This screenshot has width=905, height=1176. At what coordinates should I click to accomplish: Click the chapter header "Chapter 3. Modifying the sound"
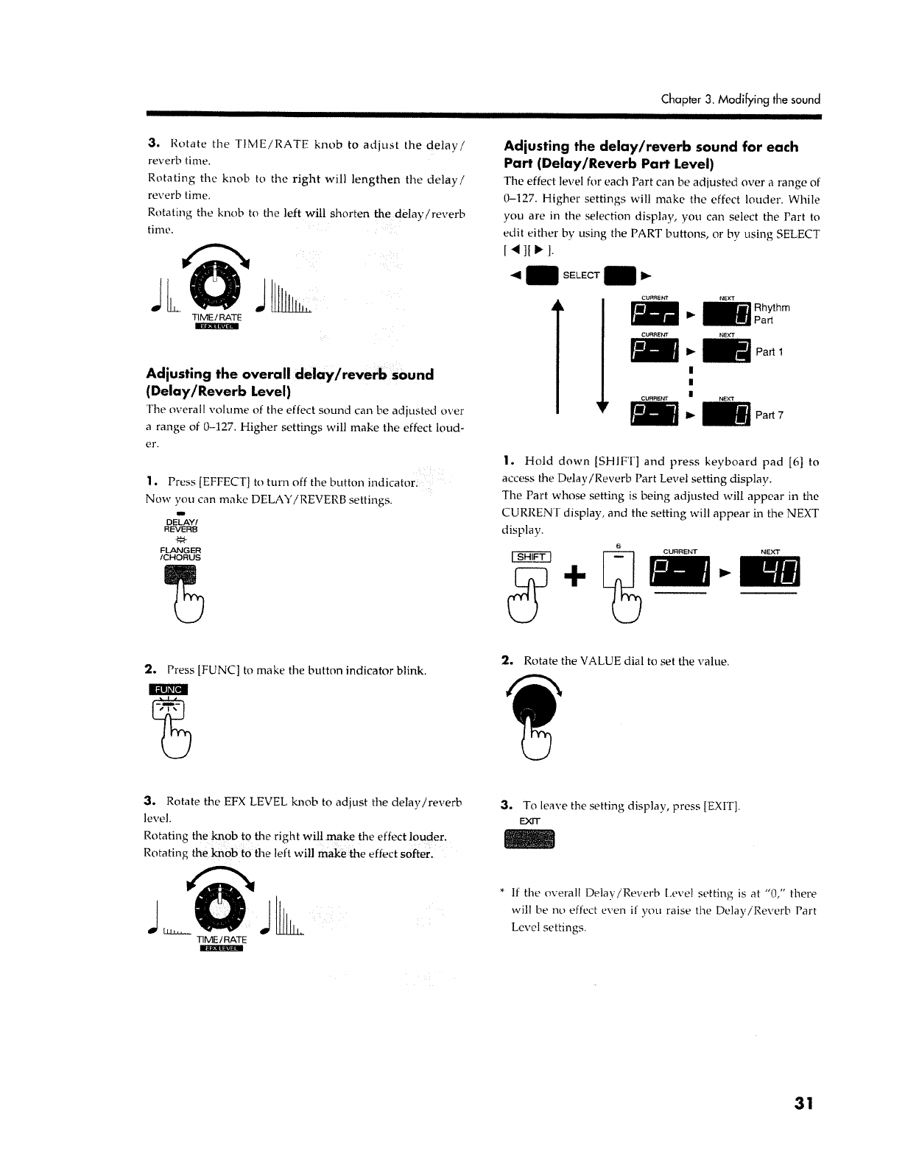[740, 99]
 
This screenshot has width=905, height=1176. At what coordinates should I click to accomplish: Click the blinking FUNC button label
[169, 689]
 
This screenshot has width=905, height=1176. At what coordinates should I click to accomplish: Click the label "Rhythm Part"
[772, 314]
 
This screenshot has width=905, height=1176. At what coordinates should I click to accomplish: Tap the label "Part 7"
[770, 415]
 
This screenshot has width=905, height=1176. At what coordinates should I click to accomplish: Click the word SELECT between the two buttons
[581, 275]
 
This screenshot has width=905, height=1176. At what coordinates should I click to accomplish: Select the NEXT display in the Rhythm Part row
[726, 314]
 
